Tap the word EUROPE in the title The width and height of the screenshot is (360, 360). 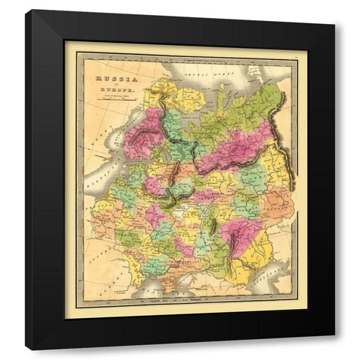tap(111, 90)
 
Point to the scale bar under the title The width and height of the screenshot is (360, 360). tap(111, 106)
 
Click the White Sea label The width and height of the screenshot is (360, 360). tap(180, 118)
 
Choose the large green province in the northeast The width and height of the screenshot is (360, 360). tap(247, 112)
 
